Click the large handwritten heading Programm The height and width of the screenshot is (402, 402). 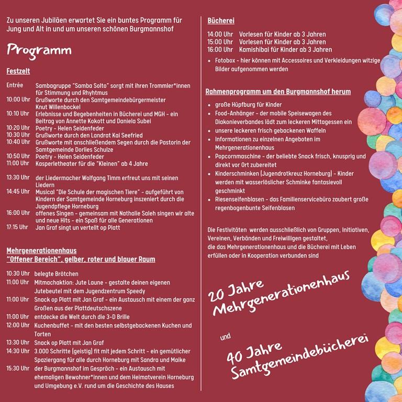pyautogui.click(x=39, y=51)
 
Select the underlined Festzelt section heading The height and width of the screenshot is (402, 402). pyautogui.click(x=18, y=71)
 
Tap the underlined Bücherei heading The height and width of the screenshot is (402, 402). pyautogui.click(x=220, y=21)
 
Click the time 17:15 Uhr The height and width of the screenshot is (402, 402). pyautogui.click(x=17, y=227)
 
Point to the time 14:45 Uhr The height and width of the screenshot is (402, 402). pyautogui.click(x=17, y=192)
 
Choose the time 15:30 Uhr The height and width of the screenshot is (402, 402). pyautogui.click(x=18, y=368)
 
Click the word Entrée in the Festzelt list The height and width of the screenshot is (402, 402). pyautogui.click(x=15, y=85)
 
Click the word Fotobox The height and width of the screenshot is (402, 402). pyautogui.click(x=226, y=61)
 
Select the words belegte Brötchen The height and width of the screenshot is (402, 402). pyautogui.click(x=56, y=274)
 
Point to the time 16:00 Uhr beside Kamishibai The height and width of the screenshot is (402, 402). pyautogui.click(x=220, y=50)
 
